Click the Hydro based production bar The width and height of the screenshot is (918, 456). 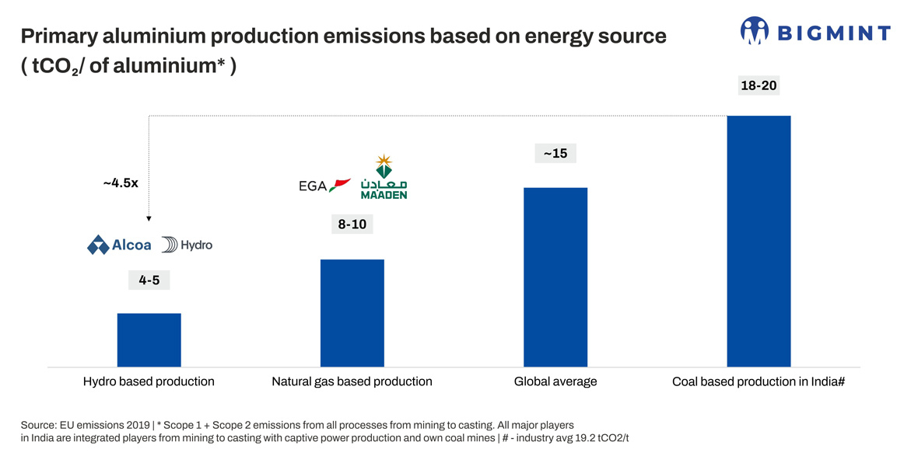click(x=149, y=339)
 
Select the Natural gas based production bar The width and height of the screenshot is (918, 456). click(x=352, y=312)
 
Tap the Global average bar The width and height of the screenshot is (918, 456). click(x=555, y=277)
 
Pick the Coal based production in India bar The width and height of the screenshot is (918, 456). click(x=759, y=241)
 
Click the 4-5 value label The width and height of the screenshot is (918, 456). click(x=149, y=280)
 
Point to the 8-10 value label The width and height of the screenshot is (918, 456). click(x=352, y=225)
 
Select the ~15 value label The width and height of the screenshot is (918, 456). click(x=555, y=153)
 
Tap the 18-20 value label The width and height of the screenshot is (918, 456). click(x=759, y=85)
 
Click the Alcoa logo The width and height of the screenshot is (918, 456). click(x=119, y=245)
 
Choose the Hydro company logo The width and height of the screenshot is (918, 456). click(x=187, y=245)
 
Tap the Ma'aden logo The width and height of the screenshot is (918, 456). click(x=384, y=177)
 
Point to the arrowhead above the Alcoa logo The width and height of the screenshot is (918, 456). click(x=149, y=219)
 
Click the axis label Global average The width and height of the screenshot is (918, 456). click(x=555, y=381)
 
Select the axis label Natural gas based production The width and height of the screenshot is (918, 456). click(x=352, y=381)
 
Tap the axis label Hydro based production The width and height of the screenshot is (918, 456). click(x=149, y=381)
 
